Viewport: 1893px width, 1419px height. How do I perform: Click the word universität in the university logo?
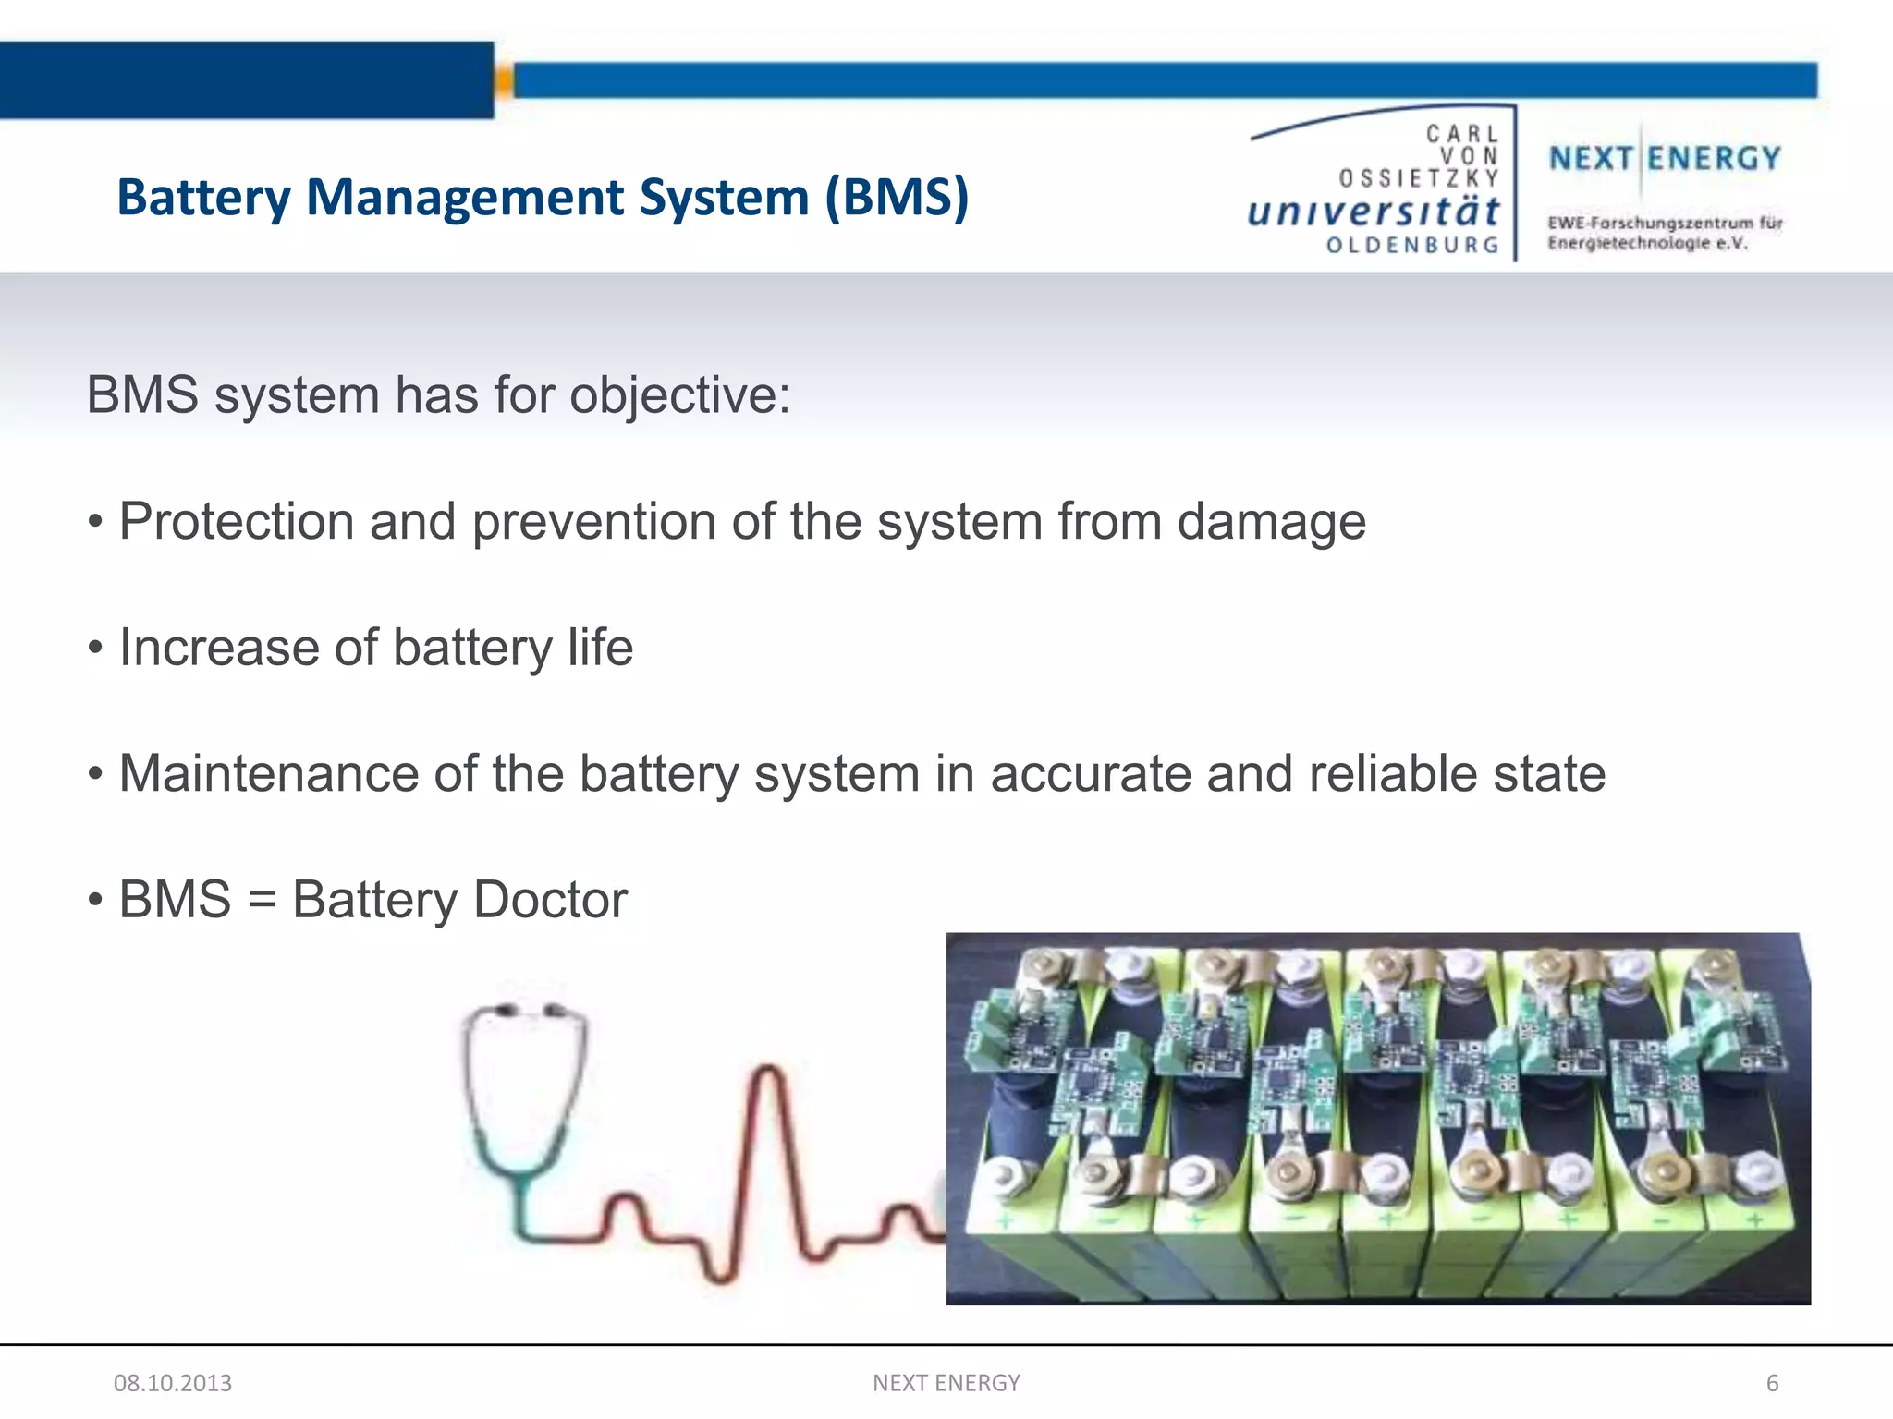1374,212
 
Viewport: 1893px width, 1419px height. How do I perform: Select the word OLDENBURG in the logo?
1412,246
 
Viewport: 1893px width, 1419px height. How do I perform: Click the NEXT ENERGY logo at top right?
1665,159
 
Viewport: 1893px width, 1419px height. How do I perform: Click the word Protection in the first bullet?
237,521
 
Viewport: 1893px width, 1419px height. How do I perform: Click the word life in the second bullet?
600,647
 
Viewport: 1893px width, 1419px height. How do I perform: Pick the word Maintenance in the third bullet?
269,773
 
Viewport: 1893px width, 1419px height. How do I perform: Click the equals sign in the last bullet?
263,900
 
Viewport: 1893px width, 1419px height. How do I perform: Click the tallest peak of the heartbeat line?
769,1073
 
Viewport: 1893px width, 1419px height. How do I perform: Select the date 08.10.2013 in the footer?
173,1383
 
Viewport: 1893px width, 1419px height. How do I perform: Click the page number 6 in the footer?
1772,1383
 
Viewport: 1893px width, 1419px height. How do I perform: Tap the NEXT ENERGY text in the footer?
946,1383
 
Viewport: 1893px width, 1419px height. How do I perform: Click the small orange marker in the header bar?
504,81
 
